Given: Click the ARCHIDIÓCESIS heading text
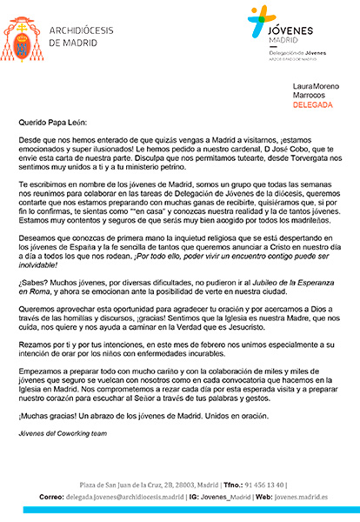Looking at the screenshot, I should point(85,29).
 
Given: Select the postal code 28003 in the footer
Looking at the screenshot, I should point(183,484).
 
